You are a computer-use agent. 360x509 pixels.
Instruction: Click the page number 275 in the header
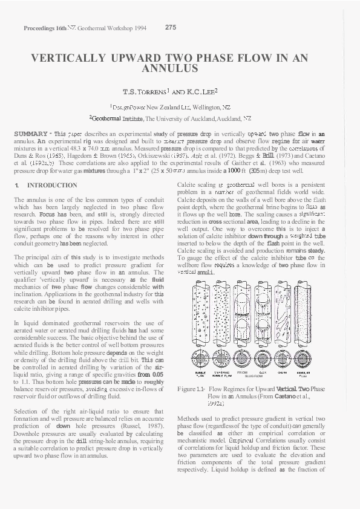[170, 27]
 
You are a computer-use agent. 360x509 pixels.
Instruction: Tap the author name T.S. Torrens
[145, 92]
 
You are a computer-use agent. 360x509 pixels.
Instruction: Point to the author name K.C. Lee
[201, 92]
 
